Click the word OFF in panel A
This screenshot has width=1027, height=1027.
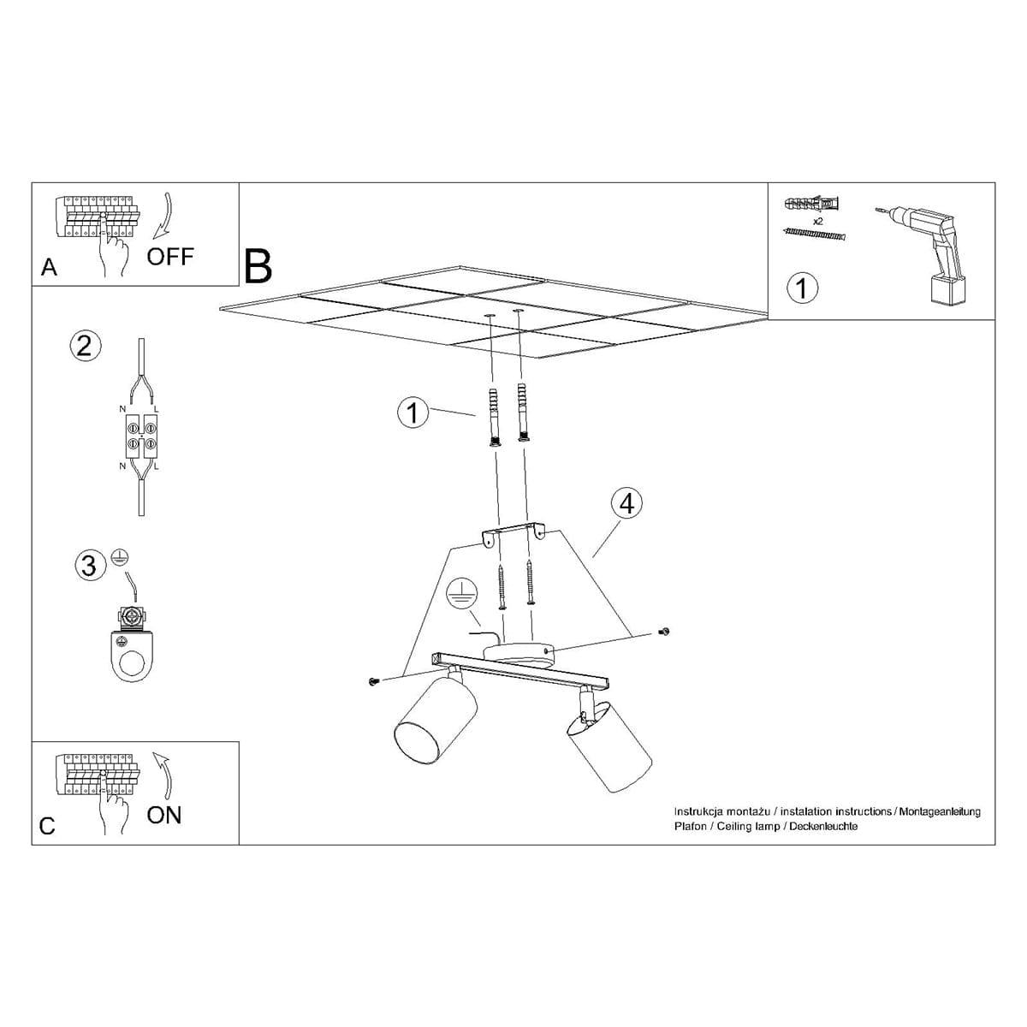click(170, 256)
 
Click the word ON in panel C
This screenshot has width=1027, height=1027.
click(164, 815)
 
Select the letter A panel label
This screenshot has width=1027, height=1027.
click(49, 268)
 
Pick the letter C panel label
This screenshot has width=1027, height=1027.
click(47, 826)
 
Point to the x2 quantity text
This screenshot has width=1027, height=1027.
click(818, 221)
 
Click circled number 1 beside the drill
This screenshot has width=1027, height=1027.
click(802, 287)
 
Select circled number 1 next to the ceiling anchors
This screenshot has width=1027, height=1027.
click(413, 413)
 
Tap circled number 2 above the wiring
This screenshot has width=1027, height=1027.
click(84, 345)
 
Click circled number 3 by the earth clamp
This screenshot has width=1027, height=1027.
click(88, 566)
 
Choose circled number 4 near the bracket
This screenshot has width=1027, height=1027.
click(626, 503)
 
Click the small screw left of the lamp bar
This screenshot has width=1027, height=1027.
click(373, 681)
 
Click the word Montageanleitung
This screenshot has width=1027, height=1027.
click(939, 811)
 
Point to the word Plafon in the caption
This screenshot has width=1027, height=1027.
click(690, 827)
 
